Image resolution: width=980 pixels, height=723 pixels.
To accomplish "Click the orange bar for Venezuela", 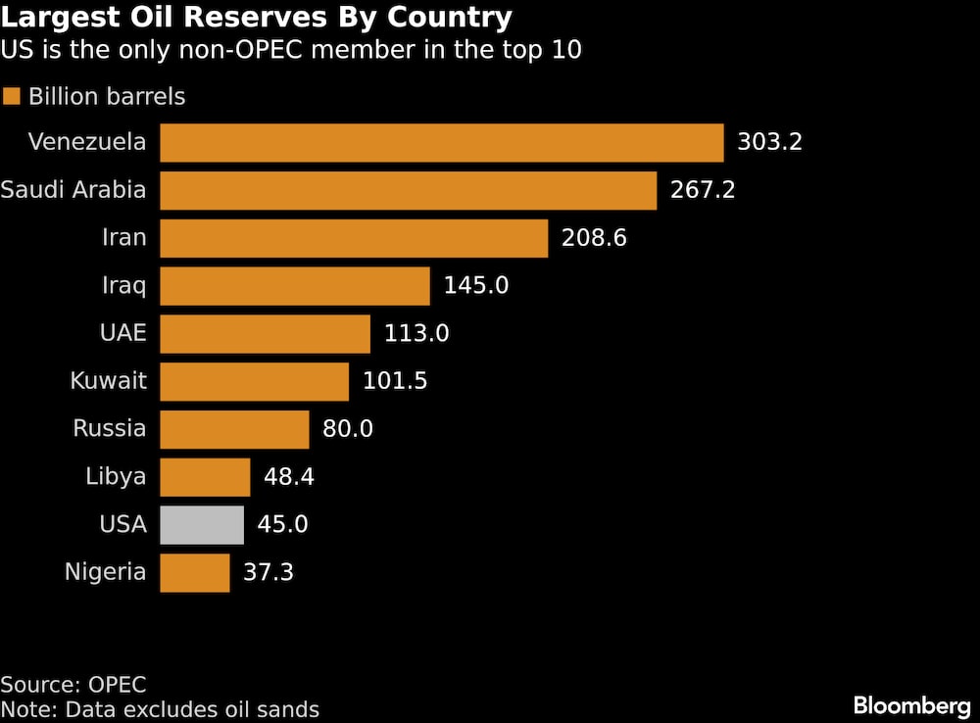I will tap(441, 143).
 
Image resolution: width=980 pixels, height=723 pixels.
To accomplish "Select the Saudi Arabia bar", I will tap(408, 190).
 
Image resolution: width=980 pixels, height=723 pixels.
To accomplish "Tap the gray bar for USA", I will tap(202, 525).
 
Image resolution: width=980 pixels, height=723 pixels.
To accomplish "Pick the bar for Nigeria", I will tap(194, 573).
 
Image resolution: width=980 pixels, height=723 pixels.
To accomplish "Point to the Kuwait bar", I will tap(254, 381).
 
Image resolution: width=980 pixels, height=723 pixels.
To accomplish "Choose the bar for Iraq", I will tap(294, 286).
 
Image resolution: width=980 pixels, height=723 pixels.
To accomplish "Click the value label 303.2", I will tap(769, 143).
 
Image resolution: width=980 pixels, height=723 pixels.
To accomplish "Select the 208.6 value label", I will tap(594, 238).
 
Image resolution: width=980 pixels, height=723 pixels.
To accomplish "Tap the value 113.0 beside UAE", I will tap(416, 334).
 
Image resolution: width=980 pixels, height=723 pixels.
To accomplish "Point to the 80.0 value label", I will tap(348, 429).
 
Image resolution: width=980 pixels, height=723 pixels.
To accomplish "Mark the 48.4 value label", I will tap(289, 477).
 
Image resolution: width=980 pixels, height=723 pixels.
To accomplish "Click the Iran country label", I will tap(123, 238).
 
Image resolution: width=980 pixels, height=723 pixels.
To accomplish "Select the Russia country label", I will tap(110, 429).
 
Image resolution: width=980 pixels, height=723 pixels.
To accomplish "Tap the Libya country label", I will tap(117, 477).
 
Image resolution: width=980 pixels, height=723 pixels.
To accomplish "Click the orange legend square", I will tap(12, 97).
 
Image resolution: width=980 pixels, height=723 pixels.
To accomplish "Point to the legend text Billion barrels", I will tap(107, 97).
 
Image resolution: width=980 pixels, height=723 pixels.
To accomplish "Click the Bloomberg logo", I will tap(911, 704).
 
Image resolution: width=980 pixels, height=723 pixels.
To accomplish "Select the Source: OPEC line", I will tap(73, 684).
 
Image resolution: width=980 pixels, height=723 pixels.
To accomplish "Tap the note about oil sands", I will tap(160, 709).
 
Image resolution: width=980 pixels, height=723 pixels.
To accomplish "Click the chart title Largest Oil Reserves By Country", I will tap(257, 18).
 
